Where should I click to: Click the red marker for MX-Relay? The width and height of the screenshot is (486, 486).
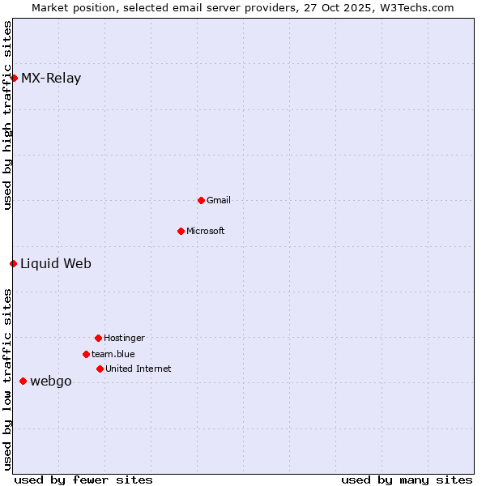[x=14, y=78]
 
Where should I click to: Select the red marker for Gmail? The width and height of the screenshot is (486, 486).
[x=201, y=200]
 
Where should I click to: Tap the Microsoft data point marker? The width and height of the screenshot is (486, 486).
[x=181, y=231]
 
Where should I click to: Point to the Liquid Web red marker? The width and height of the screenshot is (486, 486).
[x=13, y=263]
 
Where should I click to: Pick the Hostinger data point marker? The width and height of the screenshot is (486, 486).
[x=98, y=338]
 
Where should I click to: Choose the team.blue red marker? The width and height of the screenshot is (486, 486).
[x=86, y=354]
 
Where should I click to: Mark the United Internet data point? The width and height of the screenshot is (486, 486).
[x=100, y=369]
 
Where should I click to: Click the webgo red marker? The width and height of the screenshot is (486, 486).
[x=23, y=381]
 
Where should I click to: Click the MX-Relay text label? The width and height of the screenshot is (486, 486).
[x=51, y=79]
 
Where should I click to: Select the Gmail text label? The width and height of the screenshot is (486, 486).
[x=219, y=200]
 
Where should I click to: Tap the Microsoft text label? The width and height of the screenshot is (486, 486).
[x=206, y=231]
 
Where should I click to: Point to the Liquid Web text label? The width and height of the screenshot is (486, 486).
[x=56, y=263]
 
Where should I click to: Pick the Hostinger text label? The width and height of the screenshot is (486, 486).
[x=124, y=338]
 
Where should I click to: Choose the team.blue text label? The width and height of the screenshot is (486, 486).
[x=113, y=354]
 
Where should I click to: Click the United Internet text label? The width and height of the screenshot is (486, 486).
[x=139, y=369]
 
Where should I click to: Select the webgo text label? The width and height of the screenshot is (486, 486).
[x=51, y=382]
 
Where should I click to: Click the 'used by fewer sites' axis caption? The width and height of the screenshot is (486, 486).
[x=83, y=480]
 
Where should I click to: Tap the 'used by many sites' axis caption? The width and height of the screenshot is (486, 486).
[x=407, y=480]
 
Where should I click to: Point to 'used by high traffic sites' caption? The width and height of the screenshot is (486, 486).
[x=7, y=115]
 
